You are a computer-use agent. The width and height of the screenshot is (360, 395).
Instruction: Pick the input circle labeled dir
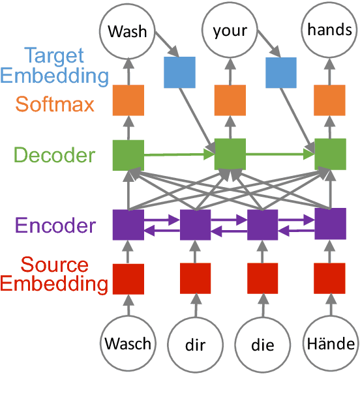[196, 344]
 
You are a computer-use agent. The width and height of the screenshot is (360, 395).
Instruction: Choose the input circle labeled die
[263, 344]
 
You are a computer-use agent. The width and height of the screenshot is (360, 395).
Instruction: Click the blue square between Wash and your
[179, 72]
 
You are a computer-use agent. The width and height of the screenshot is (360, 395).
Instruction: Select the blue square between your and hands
[280, 72]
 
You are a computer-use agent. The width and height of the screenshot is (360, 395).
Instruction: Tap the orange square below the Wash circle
[128, 101]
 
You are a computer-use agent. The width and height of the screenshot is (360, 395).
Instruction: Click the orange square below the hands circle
[330, 101]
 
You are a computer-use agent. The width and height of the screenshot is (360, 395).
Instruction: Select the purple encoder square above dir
[196, 225]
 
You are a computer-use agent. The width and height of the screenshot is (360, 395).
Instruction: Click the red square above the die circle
[263, 279]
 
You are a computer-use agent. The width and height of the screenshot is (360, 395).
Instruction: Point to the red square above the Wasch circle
[128, 279]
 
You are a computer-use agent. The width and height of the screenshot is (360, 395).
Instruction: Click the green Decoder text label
[53, 155]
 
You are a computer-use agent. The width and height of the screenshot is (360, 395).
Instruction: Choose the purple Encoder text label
[55, 226]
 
